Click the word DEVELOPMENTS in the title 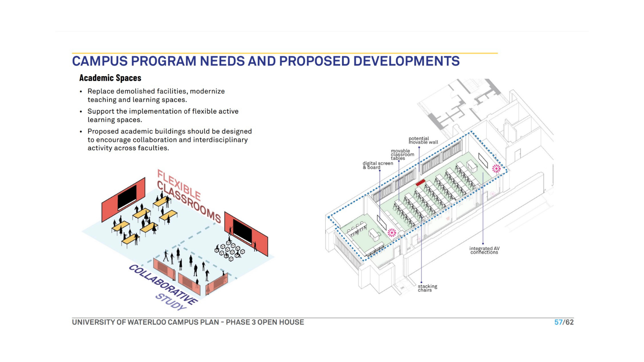click(x=406, y=61)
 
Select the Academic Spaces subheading click(x=110, y=78)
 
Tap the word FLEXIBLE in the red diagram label click(x=179, y=185)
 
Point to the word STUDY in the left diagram click(x=171, y=302)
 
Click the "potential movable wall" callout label click(x=423, y=140)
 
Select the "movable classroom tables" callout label click(x=402, y=155)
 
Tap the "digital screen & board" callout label click(x=378, y=165)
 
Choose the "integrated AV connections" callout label click(x=484, y=250)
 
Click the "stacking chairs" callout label click(x=427, y=288)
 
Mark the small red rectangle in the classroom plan click(x=421, y=183)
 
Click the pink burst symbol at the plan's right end click(x=496, y=169)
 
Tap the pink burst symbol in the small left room click(x=392, y=233)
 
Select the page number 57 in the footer click(x=558, y=322)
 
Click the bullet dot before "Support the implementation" click(x=81, y=112)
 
